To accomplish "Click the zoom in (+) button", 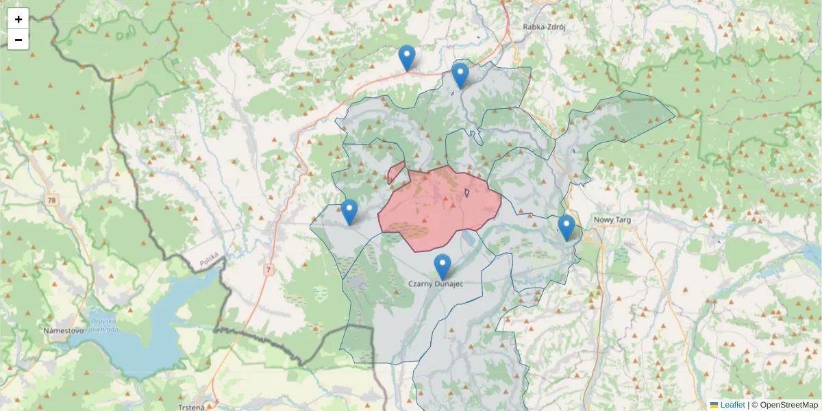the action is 18,19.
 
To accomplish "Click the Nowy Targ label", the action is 612,220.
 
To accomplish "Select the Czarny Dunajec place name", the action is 436,284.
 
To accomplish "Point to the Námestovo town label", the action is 63,330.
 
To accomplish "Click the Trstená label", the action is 190,407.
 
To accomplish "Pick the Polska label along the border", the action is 208,261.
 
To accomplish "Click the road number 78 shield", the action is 52,200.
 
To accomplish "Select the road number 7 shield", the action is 268,271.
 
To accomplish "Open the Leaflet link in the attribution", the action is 732,405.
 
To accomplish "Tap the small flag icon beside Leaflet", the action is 714,405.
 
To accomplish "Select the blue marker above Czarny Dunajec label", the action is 443,266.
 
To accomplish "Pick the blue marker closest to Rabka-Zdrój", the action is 460,75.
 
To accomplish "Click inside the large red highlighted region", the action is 438,206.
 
